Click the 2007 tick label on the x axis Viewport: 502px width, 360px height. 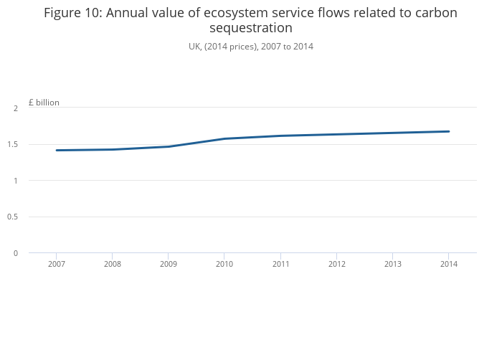pyautogui.click(x=56, y=264)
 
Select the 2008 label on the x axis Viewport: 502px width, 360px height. pyautogui.click(x=112, y=264)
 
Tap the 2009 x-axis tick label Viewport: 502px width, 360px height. pyautogui.click(x=168, y=264)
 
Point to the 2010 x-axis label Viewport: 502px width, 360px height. pyautogui.click(x=224, y=264)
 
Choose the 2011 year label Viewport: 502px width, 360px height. pyautogui.click(x=280, y=264)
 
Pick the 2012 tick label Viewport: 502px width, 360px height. pyautogui.click(x=336, y=264)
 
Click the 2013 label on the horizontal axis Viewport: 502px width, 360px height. pyautogui.click(x=392, y=264)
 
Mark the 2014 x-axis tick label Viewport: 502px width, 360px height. pyautogui.click(x=448, y=264)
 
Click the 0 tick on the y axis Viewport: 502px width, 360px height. pyautogui.click(x=15, y=253)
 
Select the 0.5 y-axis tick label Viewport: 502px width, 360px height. pyautogui.click(x=14, y=217)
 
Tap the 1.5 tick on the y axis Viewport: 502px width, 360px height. pyautogui.click(x=14, y=144)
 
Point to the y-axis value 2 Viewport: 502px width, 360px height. pyautogui.click(x=15, y=108)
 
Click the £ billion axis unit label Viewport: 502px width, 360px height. pyautogui.click(x=44, y=103)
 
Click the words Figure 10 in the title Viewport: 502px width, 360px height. pyautogui.click(x=72, y=13)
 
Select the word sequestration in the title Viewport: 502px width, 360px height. pyautogui.click(x=250, y=28)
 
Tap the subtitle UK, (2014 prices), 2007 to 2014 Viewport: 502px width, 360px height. pyautogui.click(x=250, y=47)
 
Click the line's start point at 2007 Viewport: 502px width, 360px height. pyautogui.click(x=56, y=150)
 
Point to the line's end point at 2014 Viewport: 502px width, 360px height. pyautogui.click(x=448, y=131)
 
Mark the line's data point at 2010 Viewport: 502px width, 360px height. pyautogui.click(x=224, y=138)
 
